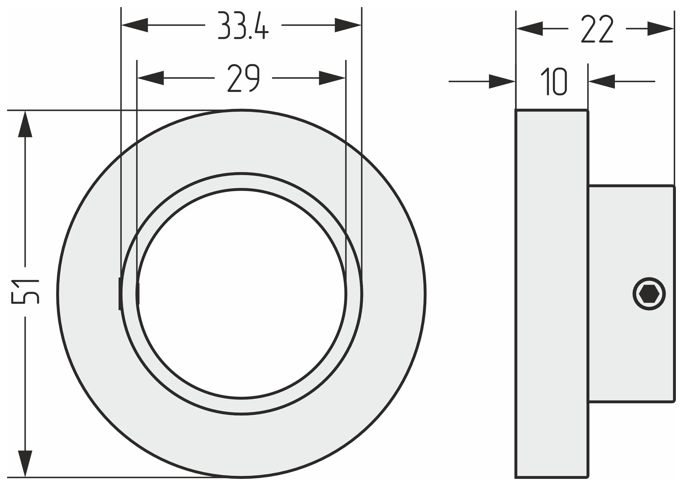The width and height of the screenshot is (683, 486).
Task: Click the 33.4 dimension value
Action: (243, 25)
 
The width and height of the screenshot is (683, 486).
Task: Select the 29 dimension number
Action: (244, 78)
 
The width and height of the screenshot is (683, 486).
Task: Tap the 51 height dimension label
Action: (25, 292)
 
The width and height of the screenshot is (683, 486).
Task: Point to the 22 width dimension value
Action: (597, 29)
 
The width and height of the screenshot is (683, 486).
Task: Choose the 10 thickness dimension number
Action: (554, 82)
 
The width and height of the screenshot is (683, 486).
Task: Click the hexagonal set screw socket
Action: (649, 294)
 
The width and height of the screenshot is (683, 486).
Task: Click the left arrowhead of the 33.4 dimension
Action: (134, 25)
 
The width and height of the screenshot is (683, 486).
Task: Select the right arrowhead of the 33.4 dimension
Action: (348, 25)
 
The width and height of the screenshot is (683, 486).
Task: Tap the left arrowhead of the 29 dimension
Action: (150, 78)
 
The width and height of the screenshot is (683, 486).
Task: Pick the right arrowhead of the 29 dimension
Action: (332, 78)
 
